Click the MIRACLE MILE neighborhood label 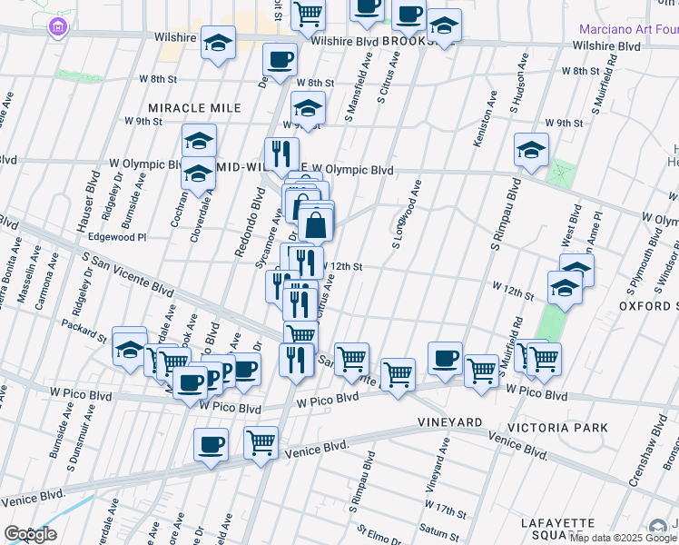(195, 108)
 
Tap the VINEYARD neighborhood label (449, 423)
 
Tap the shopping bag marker (314, 224)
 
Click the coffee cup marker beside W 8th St (279, 62)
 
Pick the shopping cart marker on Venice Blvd (261, 443)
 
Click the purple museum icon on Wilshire (60, 30)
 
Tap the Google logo (29, 534)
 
